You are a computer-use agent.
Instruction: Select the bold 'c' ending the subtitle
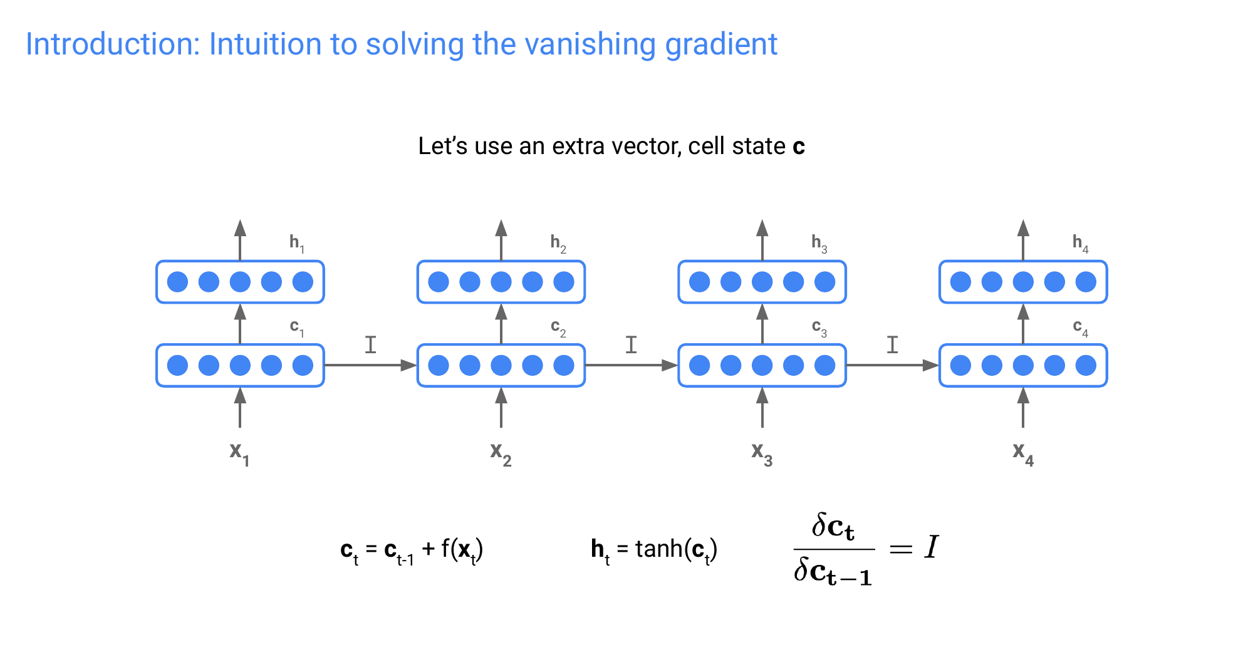tap(799, 147)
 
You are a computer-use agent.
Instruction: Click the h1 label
tap(296, 243)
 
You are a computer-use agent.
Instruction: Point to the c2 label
tap(558, 328)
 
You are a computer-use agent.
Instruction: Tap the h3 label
tap(819, 243)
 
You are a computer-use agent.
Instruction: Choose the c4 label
tap(1080, 328)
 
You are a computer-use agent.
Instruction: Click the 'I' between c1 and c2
tap(371, 344)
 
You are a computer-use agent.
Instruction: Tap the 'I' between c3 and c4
tap(892, 344)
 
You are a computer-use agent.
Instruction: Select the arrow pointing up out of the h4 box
tap(1023, 240)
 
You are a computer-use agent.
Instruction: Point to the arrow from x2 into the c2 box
tap(501, 407)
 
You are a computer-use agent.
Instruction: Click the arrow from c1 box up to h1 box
tap(240, 324)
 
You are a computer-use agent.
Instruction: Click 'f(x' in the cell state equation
tap(456, 549)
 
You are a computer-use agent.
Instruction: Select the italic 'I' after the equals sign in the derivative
tap(932, 547)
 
